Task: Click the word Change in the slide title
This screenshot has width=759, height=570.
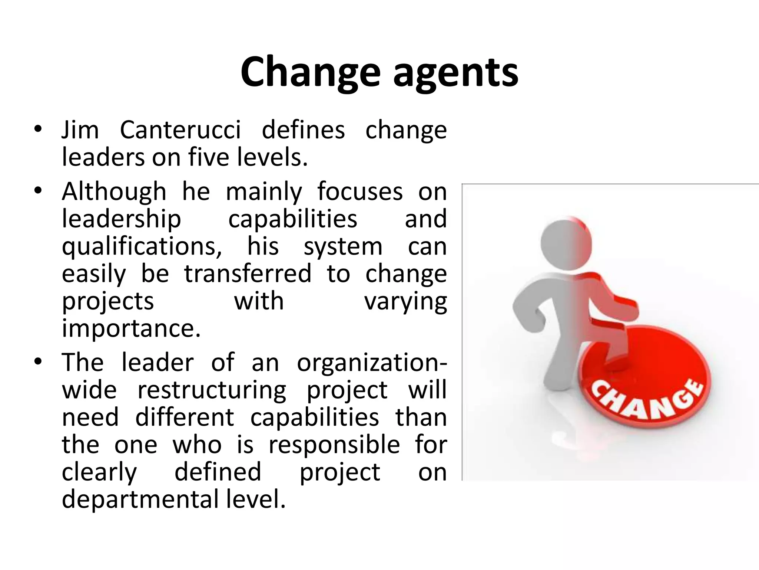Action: coord(311,72)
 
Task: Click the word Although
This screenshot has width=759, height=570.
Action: coord(114,192)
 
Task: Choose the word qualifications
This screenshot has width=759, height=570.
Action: coord(142,247)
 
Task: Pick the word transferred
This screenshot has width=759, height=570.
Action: coord(248,274)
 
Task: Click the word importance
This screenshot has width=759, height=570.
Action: coord(131,328)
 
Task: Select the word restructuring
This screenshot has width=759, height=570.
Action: coord(212,390)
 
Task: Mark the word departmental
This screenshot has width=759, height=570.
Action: coord(140,499)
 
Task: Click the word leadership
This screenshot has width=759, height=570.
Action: coord(122,219)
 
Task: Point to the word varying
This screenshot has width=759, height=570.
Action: coord(406,301)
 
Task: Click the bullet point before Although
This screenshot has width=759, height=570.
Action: coord(38,191)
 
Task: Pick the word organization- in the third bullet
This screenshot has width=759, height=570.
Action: coord(372,363)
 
